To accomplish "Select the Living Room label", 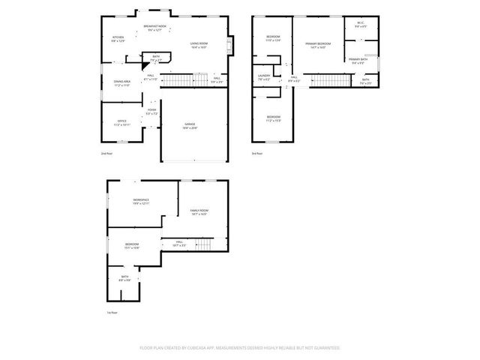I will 199,45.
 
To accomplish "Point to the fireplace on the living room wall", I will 231,43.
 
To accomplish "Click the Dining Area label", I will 122,82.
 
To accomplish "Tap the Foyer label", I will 151,112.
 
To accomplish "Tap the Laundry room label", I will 264,76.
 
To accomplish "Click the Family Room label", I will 199,212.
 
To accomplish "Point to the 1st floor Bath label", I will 125,278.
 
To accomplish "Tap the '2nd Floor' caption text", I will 106,154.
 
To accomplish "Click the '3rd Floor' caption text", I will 258,154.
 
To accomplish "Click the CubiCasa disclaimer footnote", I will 240,348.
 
